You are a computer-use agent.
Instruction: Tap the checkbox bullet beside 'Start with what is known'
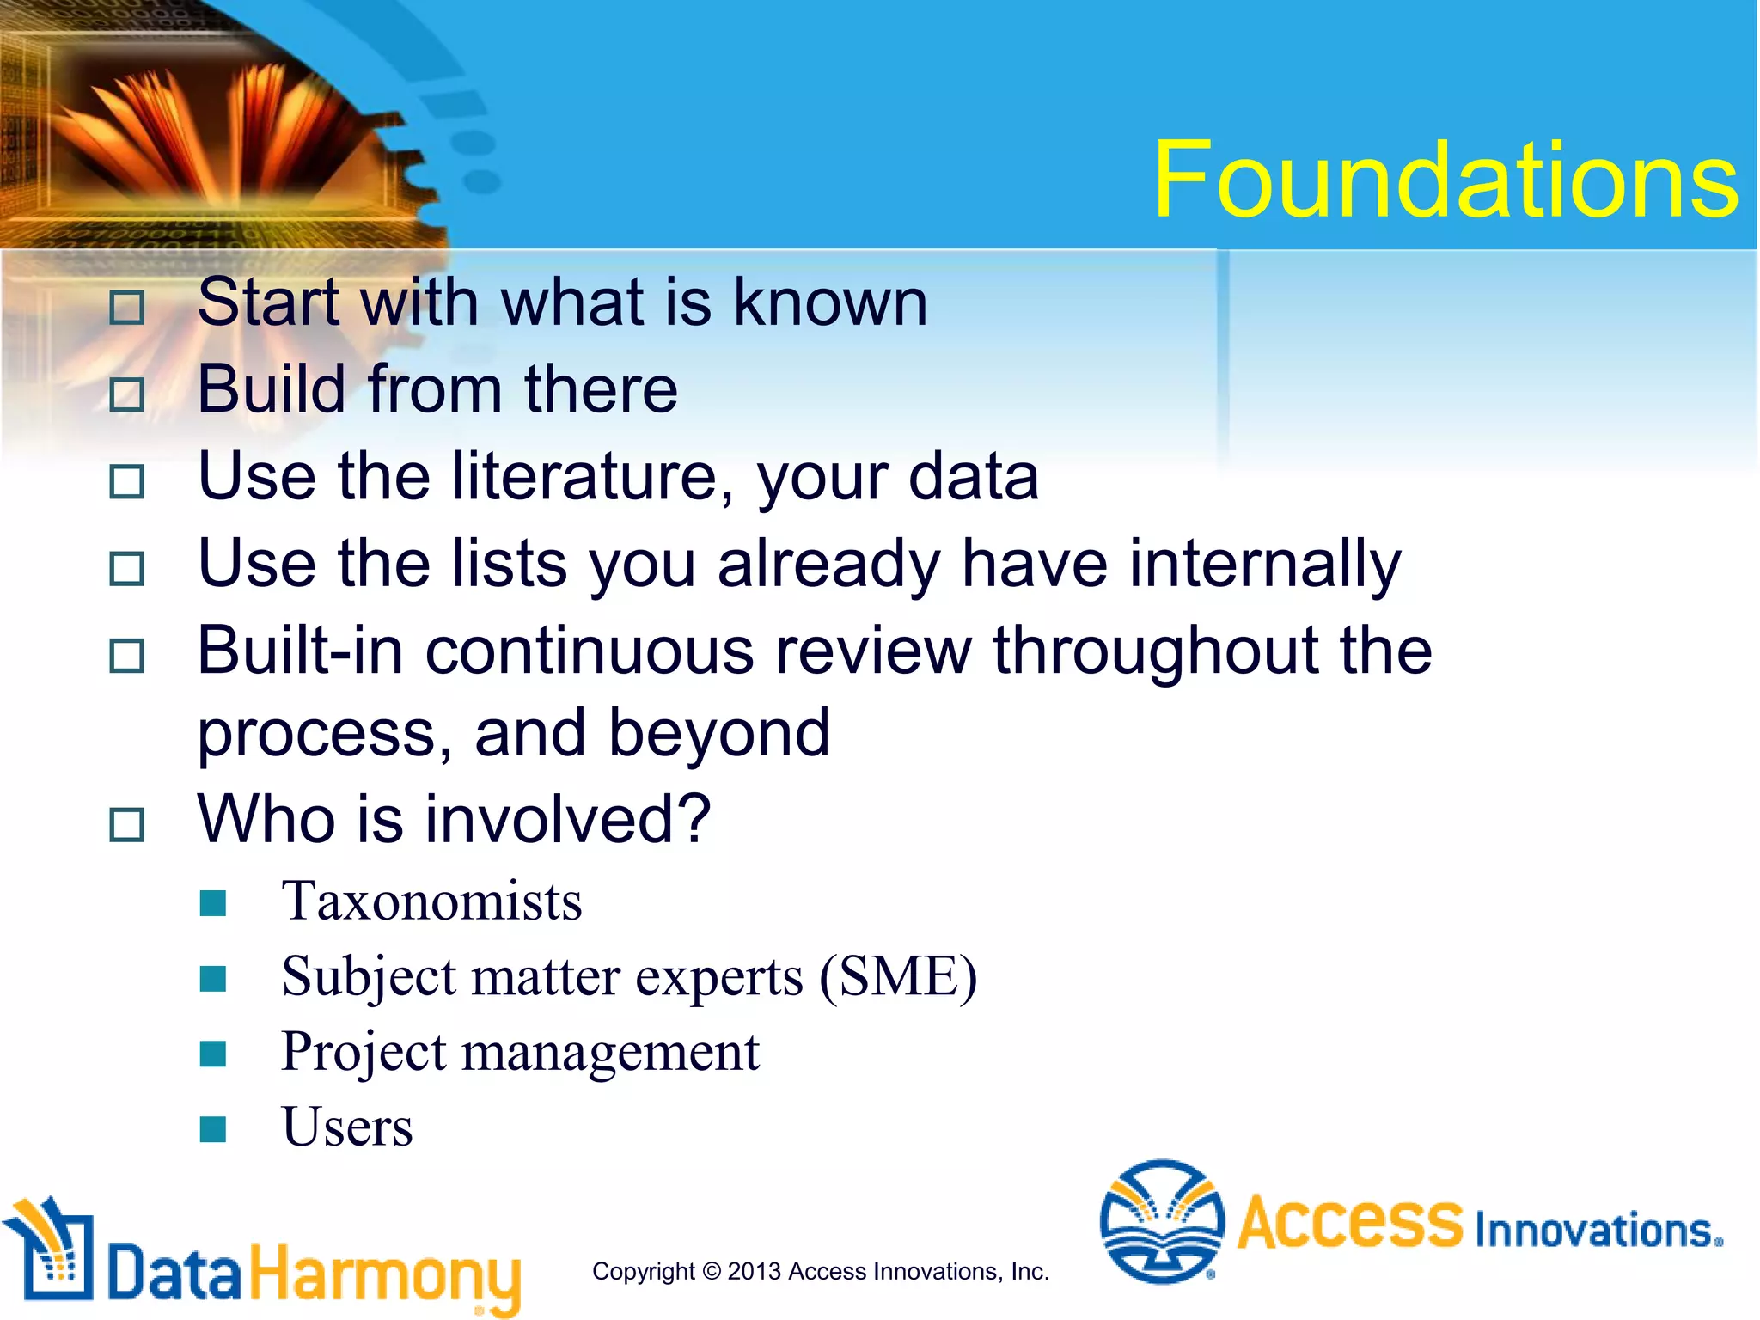click(x=127, y=308)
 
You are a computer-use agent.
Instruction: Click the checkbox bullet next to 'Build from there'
click(x=127, y=394)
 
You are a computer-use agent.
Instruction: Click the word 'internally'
click(x=1264, y=564)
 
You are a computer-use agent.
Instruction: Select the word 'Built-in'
click(x=300, y=650)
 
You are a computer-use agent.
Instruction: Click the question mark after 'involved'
click(x=694, y=818)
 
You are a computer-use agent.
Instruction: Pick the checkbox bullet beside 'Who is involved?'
click(x=127, y=825)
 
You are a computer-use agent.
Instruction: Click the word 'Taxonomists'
click(x=431, y=901)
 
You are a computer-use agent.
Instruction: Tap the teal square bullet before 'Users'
click(x=212, y=1128)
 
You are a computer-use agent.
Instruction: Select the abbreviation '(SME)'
click(x=897, y=977)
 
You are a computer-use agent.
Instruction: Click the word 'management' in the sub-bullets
click(x=610, y=1052)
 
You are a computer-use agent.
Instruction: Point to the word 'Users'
click(x=347, y=1127)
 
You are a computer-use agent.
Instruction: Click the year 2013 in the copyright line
click(x=754, y=1271)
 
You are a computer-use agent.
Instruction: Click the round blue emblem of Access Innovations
click(x=1162, y=1221)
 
